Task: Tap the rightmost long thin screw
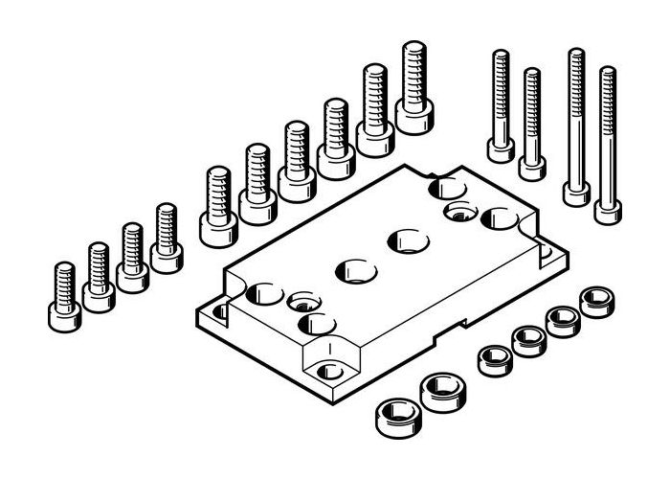click(606, 144)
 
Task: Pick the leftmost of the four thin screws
click(501, 105)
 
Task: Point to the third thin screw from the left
click(576, 125)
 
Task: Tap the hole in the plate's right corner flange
click(548, 252)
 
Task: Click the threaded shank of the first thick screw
click(218, 192)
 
